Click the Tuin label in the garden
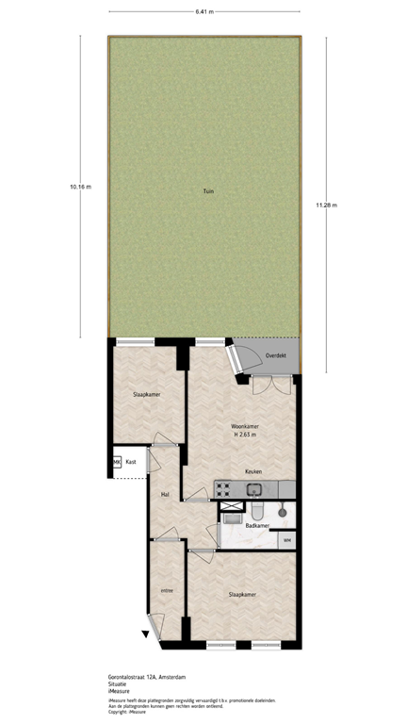coord(207,192)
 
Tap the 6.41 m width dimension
coord(204,12)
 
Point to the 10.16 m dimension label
coord(80,187)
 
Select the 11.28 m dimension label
coord(327,205)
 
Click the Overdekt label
coord(276,355)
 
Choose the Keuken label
coord(253,471)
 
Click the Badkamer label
coord(257,525)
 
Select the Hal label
coord(164,494)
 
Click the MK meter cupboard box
coord(117,462)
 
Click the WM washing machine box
coord(286,539)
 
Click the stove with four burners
coord(225,488)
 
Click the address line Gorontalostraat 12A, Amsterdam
coord(146,677)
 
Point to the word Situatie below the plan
coord(118,684)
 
